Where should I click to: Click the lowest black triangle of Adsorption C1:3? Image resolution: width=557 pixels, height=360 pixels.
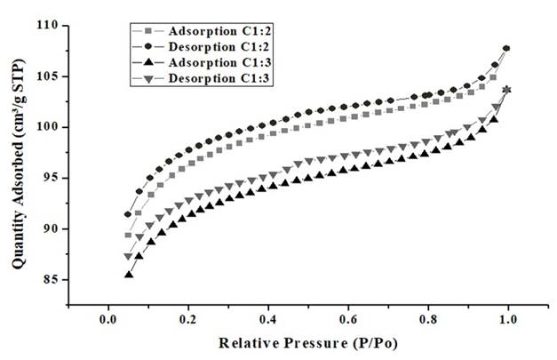pyautogui.click(x=129, y=275)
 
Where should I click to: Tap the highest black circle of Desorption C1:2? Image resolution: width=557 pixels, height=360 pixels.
pyautogui.click(x=506, y=48)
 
